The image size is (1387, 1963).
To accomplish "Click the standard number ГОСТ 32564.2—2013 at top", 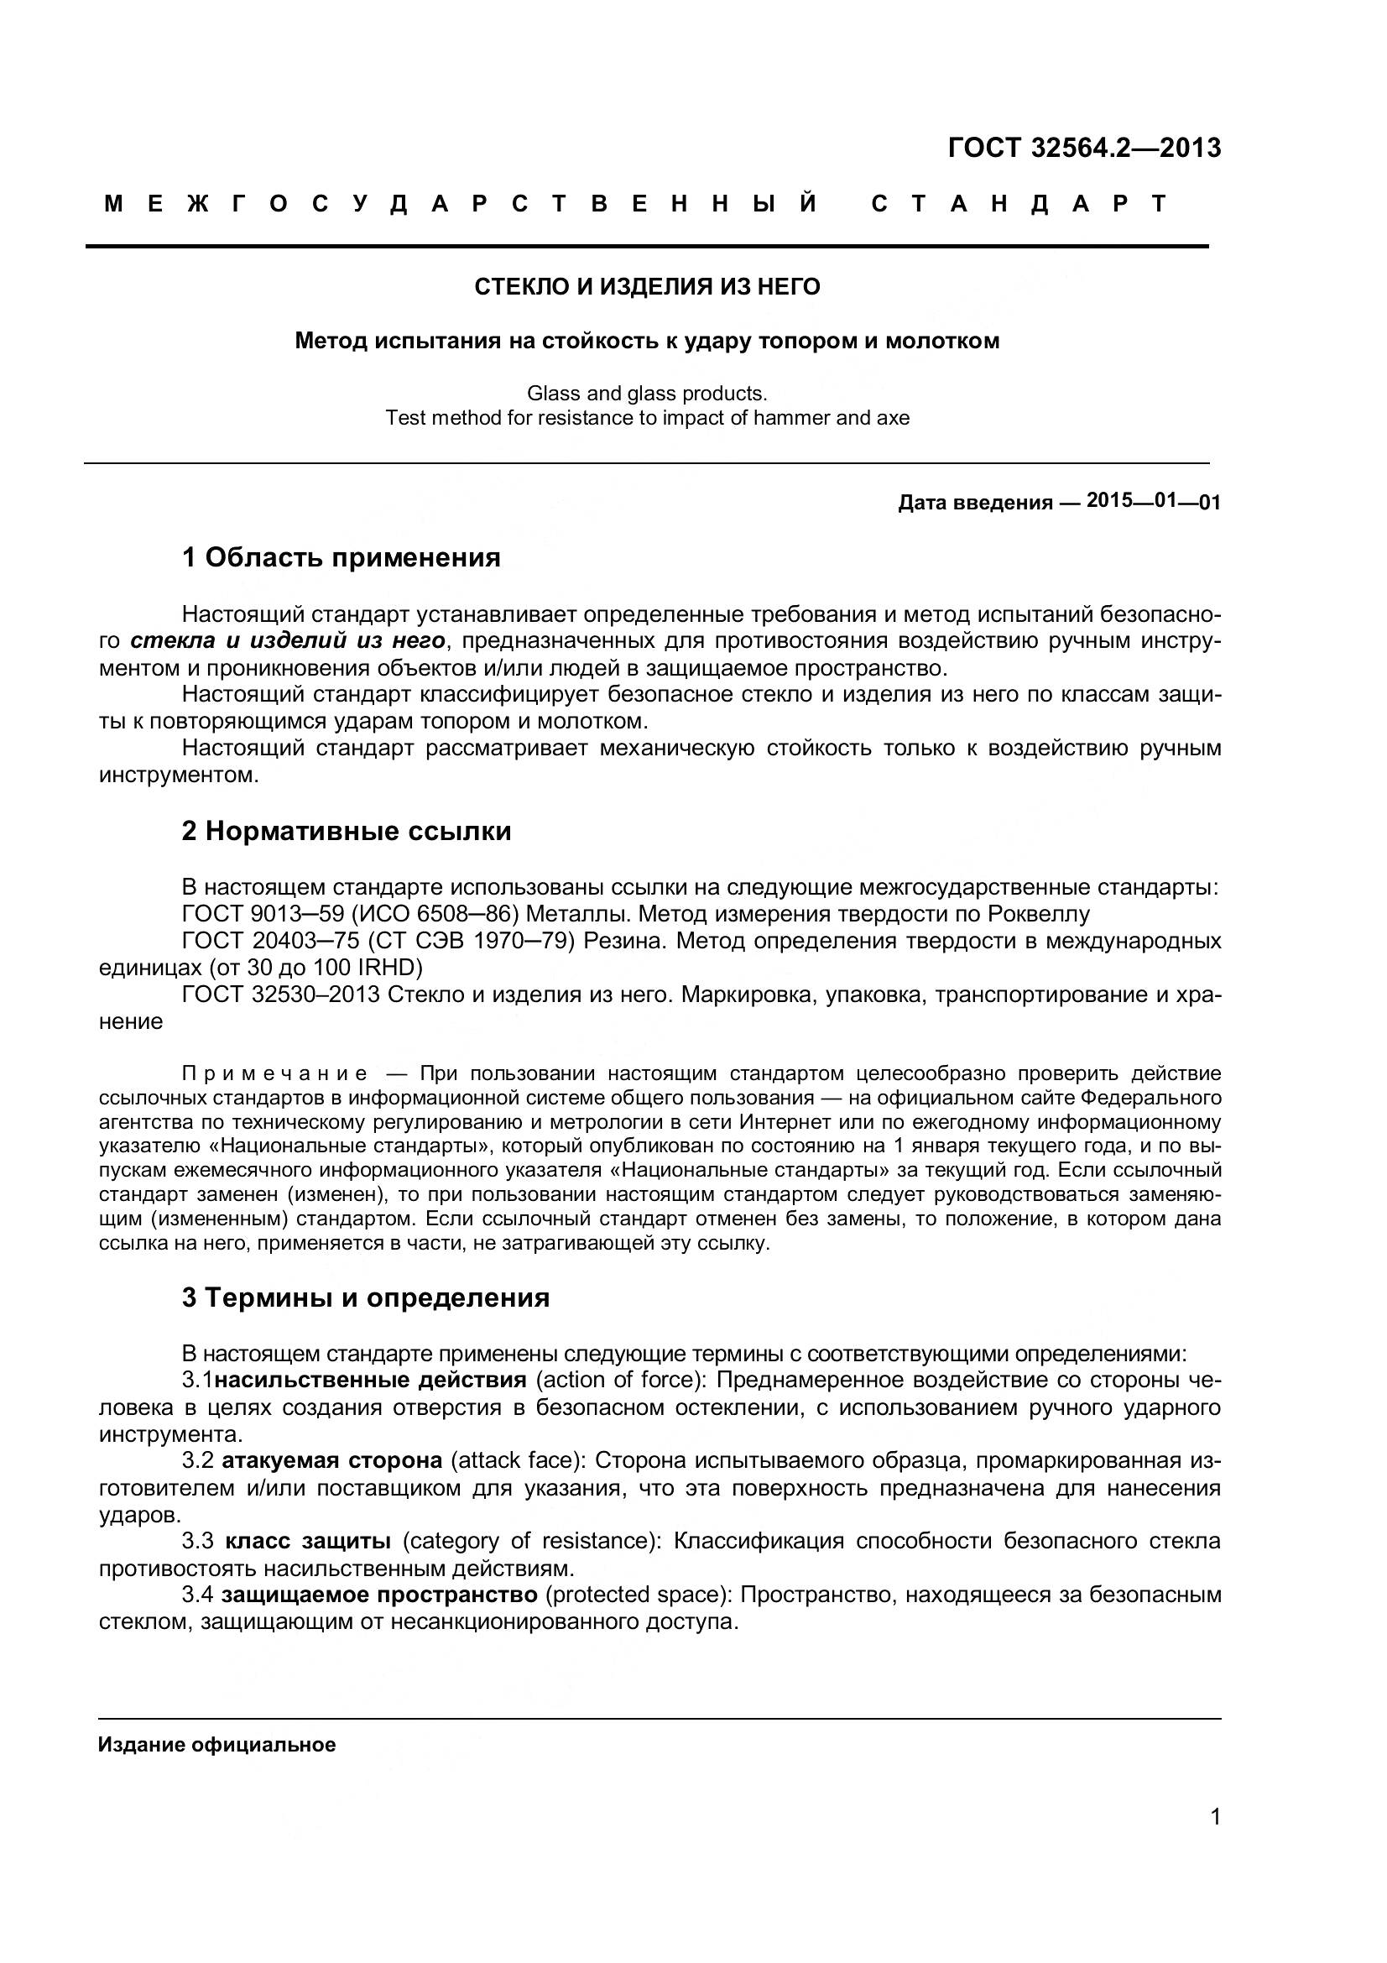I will pyautogui.click(x=1083, y=148).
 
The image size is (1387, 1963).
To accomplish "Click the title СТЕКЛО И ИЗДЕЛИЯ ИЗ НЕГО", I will pyautogui.click(x=647, y=287).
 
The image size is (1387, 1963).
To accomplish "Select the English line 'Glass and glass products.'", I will pyautogui.click(x=647, y=394).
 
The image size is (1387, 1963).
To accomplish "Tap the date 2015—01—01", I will pyautogui.click(x=1153, y=501).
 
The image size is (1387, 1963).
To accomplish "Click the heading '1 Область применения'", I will pyautogui.click(x=341, y=558).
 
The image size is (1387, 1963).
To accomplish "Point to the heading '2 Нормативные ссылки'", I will pyautogui.click(x=346, y=831).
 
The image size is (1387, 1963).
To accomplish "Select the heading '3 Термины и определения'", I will pyautogui.click(x=366, y=1297).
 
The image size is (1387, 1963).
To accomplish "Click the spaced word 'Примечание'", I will pyautogui.click(x=275, y=1074).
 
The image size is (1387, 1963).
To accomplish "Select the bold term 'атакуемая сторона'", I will pyautogui.click(x=331, y=1460).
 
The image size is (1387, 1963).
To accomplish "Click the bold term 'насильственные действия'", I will pyautogui.click(x=370, y=1380).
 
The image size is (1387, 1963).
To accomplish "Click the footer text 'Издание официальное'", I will pyautogui.click(x=217, y=1745).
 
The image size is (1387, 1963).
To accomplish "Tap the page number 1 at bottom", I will pyautogui.click(x=1215, y=1840).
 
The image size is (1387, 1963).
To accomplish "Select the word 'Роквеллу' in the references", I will pyautogui.click(x=1037, y=914).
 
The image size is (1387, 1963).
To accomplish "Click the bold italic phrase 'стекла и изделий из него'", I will pyautogui.click(x=288, y=640).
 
